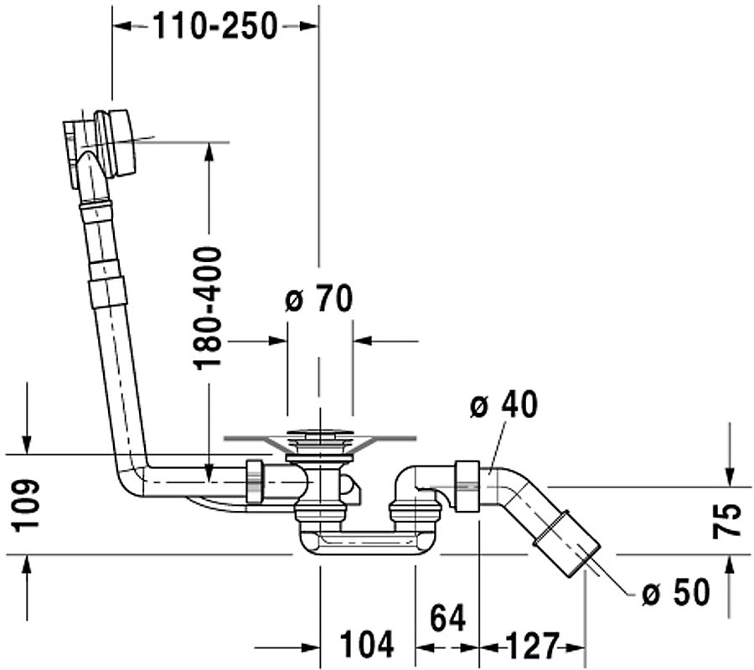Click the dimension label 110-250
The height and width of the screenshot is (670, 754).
point(215,26)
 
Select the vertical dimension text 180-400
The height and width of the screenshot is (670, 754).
point(208,308)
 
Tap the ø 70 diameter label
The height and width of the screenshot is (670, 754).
point(319,299)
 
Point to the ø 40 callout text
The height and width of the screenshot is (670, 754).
point(504,405)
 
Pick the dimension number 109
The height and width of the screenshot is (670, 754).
point(25,505)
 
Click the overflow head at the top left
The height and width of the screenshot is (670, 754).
point(103,146)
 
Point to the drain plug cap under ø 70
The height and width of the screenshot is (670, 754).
point(318,435)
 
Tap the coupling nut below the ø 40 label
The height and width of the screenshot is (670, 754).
point(467,486)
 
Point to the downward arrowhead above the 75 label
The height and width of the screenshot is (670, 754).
point(730,477)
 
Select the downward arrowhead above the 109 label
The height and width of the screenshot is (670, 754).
point(27,444)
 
